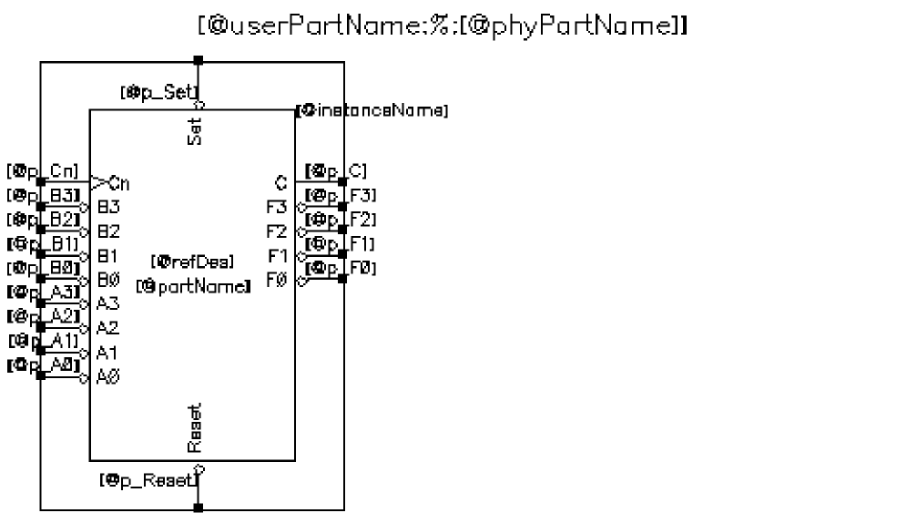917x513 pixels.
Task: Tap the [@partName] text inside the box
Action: point(193,286)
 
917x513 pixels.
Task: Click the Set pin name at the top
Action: point(195,130)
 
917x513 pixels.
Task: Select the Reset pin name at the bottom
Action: point(195,428)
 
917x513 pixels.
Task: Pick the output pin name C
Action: point(280,182)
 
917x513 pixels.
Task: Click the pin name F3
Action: point(276,207)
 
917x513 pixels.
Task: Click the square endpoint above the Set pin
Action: point(199,61)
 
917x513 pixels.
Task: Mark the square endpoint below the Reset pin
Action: point(199,508)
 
